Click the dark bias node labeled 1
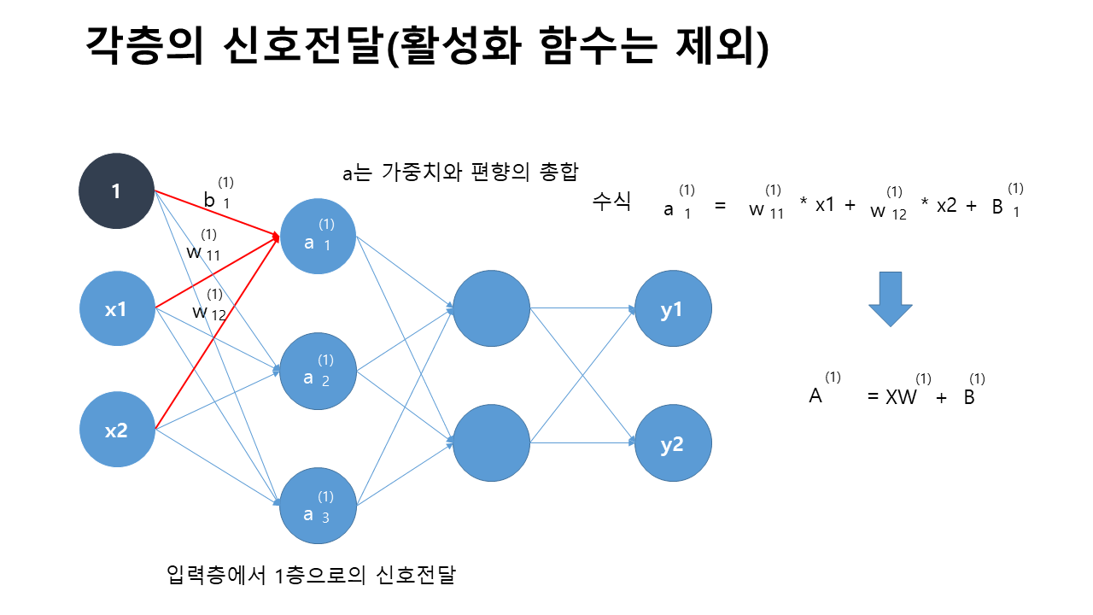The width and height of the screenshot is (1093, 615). [x=116, y=191]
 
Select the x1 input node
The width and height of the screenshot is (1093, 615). [x=116, y=309]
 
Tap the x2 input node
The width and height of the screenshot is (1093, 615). [x=116, y=430]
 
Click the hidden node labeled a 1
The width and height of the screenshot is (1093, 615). [x=318, y=237]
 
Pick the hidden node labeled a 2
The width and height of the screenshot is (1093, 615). [x=318, y=371]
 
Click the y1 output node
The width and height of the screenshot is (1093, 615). [x=673, y=309]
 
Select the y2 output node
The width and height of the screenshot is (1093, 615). [x=673, y=443]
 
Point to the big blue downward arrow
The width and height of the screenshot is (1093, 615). [x=890, y=298]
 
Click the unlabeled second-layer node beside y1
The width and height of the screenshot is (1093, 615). [x=491, y=309]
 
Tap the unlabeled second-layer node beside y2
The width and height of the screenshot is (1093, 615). [x=491, y=443]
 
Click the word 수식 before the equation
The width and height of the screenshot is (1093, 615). [x=611, y=202]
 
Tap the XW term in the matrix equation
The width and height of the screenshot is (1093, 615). [x=901, y=396]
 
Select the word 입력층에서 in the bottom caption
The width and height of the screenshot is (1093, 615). [x=219, y=575]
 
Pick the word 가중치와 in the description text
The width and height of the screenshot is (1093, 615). [x=422, y=172]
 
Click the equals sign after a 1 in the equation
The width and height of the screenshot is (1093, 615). [x=720, y=208]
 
